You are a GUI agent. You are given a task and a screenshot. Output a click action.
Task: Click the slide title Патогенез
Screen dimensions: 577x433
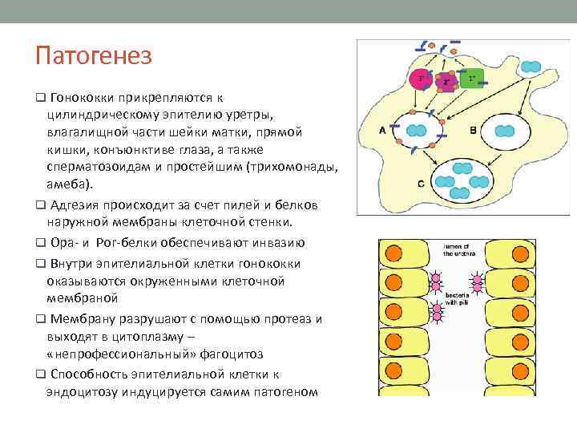coord(93,57)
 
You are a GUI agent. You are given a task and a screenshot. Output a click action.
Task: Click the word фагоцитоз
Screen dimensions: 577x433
coord(228,354)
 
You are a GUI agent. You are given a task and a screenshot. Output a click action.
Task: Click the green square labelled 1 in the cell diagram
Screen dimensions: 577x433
coord(472,78)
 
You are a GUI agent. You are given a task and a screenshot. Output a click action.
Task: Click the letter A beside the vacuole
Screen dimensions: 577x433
coord(381,129)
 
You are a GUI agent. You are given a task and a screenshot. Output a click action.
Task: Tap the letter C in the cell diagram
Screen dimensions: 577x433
coord(421,184)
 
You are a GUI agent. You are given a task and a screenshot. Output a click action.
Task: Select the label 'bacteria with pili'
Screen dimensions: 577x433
coord(458,299)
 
